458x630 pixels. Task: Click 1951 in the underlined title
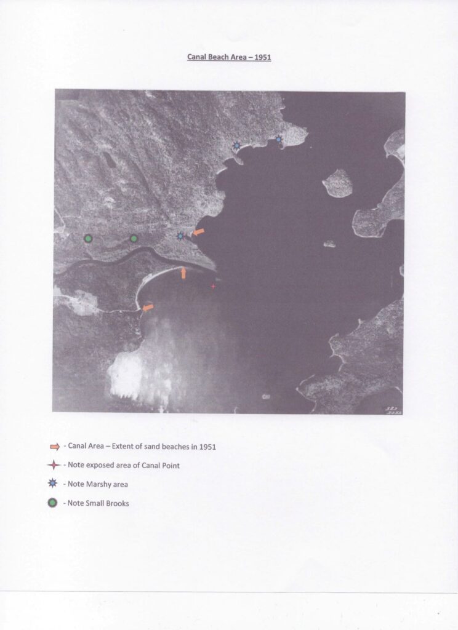point(263,57)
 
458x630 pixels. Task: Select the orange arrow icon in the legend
point(55,447)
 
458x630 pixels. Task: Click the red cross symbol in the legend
point(54,465)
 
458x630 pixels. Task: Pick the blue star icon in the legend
point(53,484)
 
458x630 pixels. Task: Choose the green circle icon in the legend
point(52,503)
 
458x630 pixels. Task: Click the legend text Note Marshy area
point(98,484)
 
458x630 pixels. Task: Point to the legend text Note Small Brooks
point(98,503)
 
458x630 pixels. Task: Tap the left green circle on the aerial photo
point(88,239)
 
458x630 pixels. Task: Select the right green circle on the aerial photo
point(134,239)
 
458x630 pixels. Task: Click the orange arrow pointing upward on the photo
point(183,273)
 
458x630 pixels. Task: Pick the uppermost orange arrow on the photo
point(198,232)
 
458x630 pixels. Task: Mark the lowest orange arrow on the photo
point(148,308)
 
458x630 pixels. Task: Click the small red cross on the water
point(213,287)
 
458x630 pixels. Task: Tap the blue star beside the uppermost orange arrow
point(180,236)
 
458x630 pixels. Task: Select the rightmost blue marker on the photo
point(279,140)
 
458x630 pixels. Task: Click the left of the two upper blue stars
point(237,145)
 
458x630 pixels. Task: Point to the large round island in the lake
point(338,183)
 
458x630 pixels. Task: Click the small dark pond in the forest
point(108,160)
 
